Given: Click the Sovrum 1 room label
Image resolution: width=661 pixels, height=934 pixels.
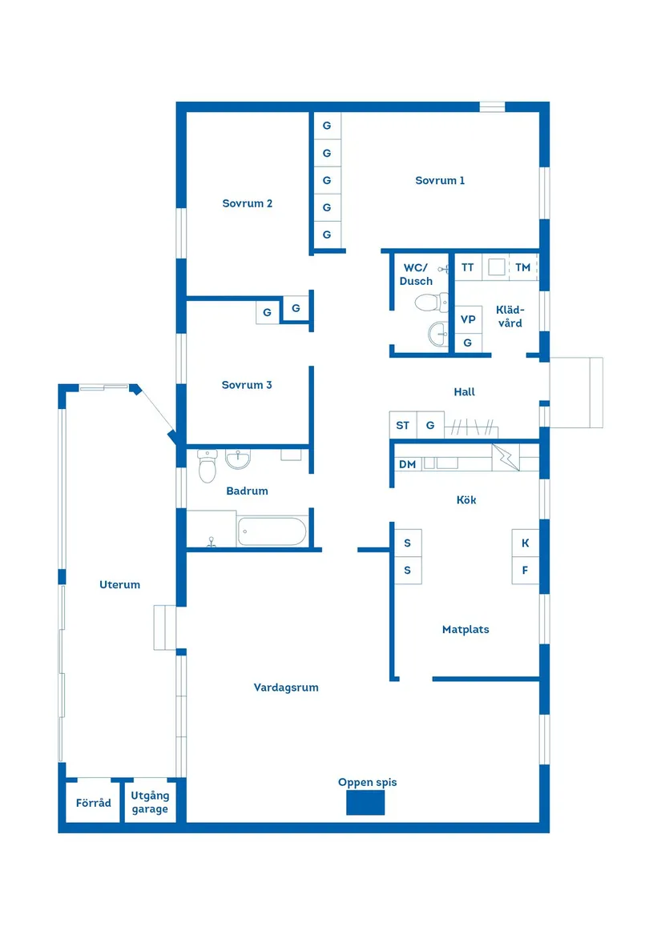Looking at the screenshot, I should [440, 181].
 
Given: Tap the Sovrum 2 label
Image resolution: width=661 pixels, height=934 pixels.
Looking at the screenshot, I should [247, 203].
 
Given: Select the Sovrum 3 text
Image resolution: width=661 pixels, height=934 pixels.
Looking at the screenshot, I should [247, 385].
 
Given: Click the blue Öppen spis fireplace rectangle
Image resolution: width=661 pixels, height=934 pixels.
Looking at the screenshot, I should [365, 803].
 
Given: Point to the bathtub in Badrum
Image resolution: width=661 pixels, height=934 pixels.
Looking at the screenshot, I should [272, 531].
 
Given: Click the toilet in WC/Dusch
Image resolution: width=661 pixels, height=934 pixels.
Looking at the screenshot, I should [431, 302].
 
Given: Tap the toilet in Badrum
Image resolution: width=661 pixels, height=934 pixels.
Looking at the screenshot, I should [208, 465].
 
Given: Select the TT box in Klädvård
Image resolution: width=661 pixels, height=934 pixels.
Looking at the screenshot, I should [467, 267].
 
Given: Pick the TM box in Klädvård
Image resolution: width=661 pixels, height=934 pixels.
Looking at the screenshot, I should [522, 267].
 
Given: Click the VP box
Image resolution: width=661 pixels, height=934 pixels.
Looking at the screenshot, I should [468, 319].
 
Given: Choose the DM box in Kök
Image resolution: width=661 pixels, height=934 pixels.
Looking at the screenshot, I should [407, 464].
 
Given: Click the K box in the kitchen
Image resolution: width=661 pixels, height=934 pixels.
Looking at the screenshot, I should [525, 543].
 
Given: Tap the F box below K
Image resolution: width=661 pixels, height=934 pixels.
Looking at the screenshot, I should [525, 571].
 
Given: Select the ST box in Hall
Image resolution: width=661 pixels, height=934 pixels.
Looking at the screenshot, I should [402, 426].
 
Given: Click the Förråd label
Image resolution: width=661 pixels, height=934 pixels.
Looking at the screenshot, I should [94, 803].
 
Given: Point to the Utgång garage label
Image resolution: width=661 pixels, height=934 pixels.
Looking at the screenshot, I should [150, 803].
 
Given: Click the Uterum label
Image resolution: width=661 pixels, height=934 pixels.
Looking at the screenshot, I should [119, 584].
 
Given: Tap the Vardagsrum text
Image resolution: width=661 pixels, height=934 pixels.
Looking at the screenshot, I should [286, 687].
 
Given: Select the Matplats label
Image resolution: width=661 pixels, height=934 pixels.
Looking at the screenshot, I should [466, 630].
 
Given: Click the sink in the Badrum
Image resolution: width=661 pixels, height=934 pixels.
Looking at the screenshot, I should [238, 459].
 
